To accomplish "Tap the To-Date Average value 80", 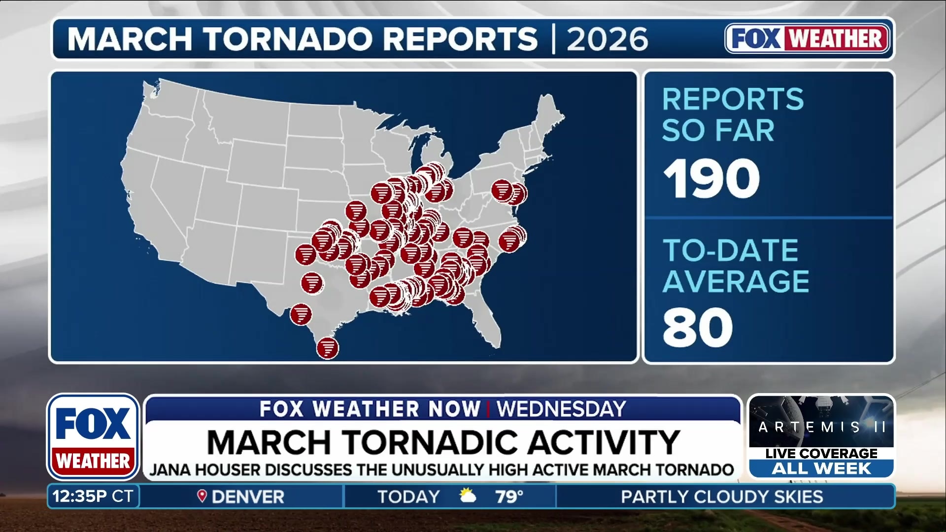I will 698,328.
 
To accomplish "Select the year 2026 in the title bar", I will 607,39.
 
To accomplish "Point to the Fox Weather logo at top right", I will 807,38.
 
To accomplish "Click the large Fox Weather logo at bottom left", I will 93,437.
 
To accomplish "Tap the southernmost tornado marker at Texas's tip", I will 328,348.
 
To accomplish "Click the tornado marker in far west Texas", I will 305,255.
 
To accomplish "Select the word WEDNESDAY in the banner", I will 561,409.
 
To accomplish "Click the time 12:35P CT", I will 93,496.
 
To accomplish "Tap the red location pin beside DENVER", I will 202,496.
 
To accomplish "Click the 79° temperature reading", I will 509,497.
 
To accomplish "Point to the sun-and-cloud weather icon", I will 467,496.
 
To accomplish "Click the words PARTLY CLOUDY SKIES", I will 721,497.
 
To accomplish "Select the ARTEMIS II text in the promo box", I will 821,427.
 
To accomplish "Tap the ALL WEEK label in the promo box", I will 821,468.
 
